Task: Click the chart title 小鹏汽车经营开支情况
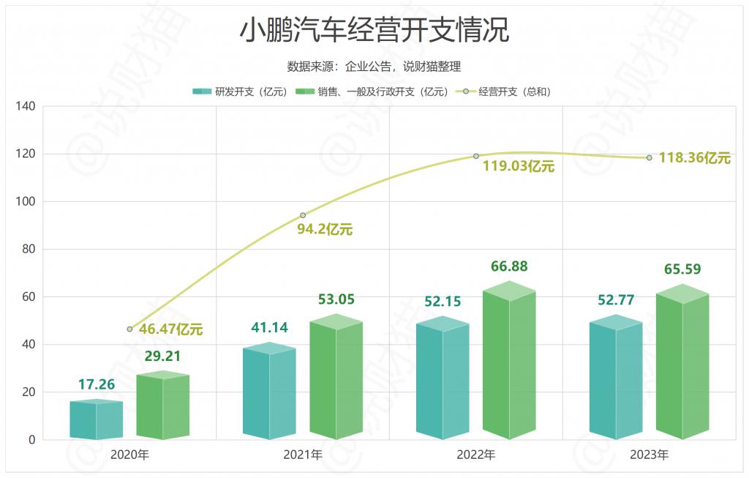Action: pyautogui.click(x=374, y=31)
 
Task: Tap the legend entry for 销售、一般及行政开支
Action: pyautogui.click(x=372, y=92)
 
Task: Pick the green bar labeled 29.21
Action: pyautogui.click(x=163, y=406)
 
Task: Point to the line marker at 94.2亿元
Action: pyautogui.click(x=303, y=215)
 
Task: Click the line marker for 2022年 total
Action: pyautogui.click(x=476, y=156)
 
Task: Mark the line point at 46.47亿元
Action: pyautogui.click(x=129, y=329)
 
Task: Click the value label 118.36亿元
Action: pyautogui.click(x=694, y=158)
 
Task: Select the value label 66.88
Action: pyautogui.click(x=509, y=266)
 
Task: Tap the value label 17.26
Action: pyautogui.click(x=97, y=384)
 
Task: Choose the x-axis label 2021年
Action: pyautogui.click(x=303, y=455)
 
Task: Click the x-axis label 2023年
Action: pyautogui.click(x=650, y=455)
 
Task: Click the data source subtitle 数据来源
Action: pyautogui.click(x=374, y=67)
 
